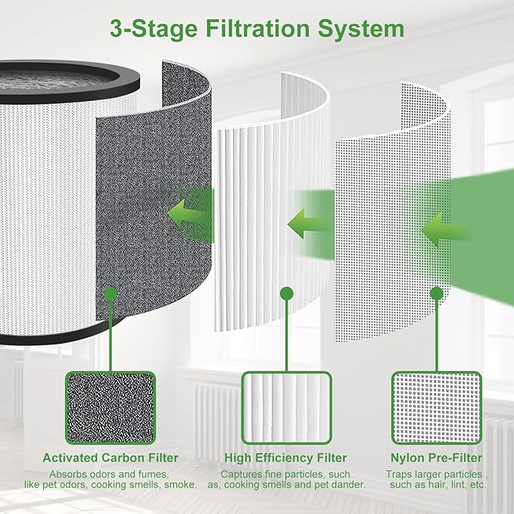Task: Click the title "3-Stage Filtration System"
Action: click(x=257, y=30)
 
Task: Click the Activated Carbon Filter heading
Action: click(x=111, y=458)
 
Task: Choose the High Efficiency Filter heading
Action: click(x=285, y=458)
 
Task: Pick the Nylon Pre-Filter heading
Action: click(x=436, y=458)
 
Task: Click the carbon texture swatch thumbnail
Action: click(x=111, y=407)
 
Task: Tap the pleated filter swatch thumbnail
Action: click(x=285, y=407)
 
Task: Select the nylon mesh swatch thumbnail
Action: click(x=436, y=407)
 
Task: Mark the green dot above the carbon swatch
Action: click(x=111, y=292)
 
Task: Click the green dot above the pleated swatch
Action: click(x=285, y=292)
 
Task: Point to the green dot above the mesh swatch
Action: click(x=436, y=292)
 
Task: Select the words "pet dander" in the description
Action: click(x=341, y=484)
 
